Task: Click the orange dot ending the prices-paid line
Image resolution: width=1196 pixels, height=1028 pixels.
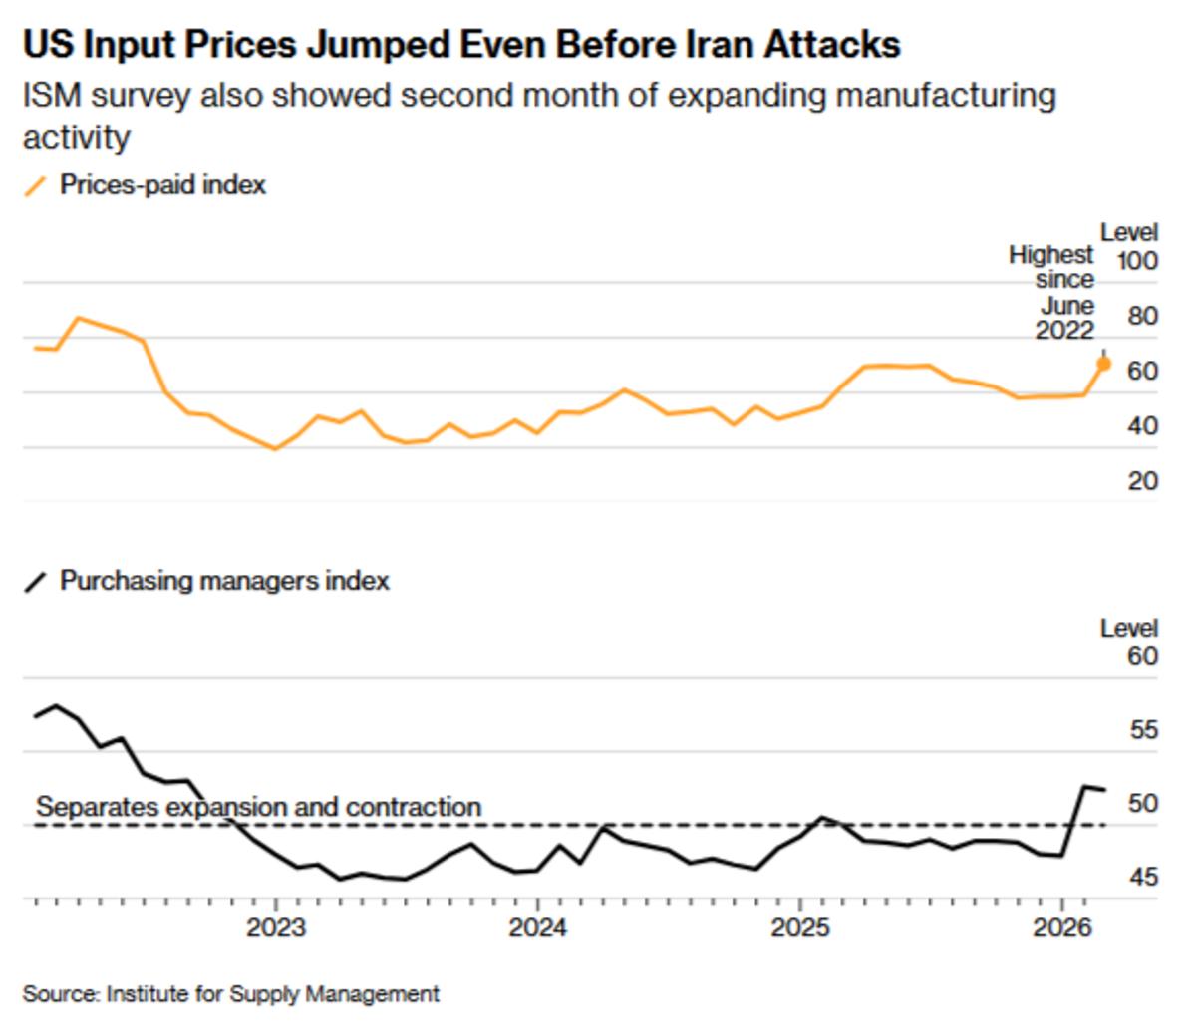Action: coord(1103,364)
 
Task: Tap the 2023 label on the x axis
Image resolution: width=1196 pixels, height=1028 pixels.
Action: coord(276,928)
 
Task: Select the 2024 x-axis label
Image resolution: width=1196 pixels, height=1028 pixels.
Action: coord(537,928)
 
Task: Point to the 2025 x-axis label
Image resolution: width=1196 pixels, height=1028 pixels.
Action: coord(799,928)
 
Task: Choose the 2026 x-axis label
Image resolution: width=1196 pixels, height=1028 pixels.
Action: coord(1061,928)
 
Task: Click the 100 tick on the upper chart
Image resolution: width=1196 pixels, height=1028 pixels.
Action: coord(1137,262)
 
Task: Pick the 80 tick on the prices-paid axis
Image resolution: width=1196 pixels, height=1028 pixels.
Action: coord(1142,317)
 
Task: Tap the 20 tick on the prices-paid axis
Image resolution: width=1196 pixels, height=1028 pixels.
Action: coord(1142,481)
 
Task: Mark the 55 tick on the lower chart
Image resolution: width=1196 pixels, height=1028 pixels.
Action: coord(1144,730)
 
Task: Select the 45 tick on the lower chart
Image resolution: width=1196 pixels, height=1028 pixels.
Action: coord(1144,878)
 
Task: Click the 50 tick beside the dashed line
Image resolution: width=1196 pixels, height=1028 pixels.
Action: coord(1144,803)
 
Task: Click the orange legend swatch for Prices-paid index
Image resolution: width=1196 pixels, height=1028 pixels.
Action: coord(36,186)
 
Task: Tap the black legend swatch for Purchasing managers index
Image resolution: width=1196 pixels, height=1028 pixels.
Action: coord(36,582)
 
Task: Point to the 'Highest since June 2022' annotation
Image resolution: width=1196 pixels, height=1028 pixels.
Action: coord(1052,293)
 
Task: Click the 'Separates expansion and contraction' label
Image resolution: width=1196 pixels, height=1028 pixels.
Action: coord(258,807)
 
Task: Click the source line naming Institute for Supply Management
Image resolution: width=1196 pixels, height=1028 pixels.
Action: coord(230,993)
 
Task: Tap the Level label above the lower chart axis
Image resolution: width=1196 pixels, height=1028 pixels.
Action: coord(1128,629)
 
